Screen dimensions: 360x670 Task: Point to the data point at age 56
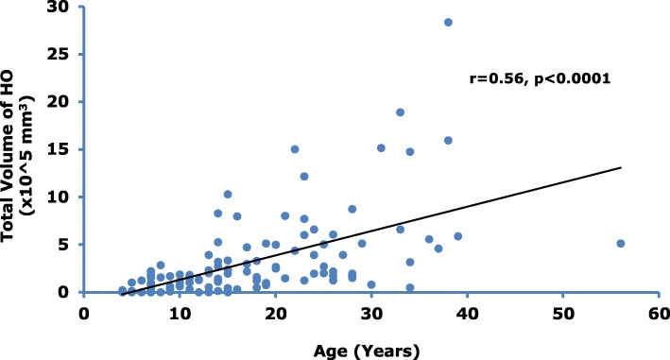pos(621,243)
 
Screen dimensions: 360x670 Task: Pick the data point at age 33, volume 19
pos(400,112)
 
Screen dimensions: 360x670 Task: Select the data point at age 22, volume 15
pos(295,149)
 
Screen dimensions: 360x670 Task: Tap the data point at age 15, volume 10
pos(228,195)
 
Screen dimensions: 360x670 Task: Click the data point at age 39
pos(457,236)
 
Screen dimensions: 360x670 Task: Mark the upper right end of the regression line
pos(621,167)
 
